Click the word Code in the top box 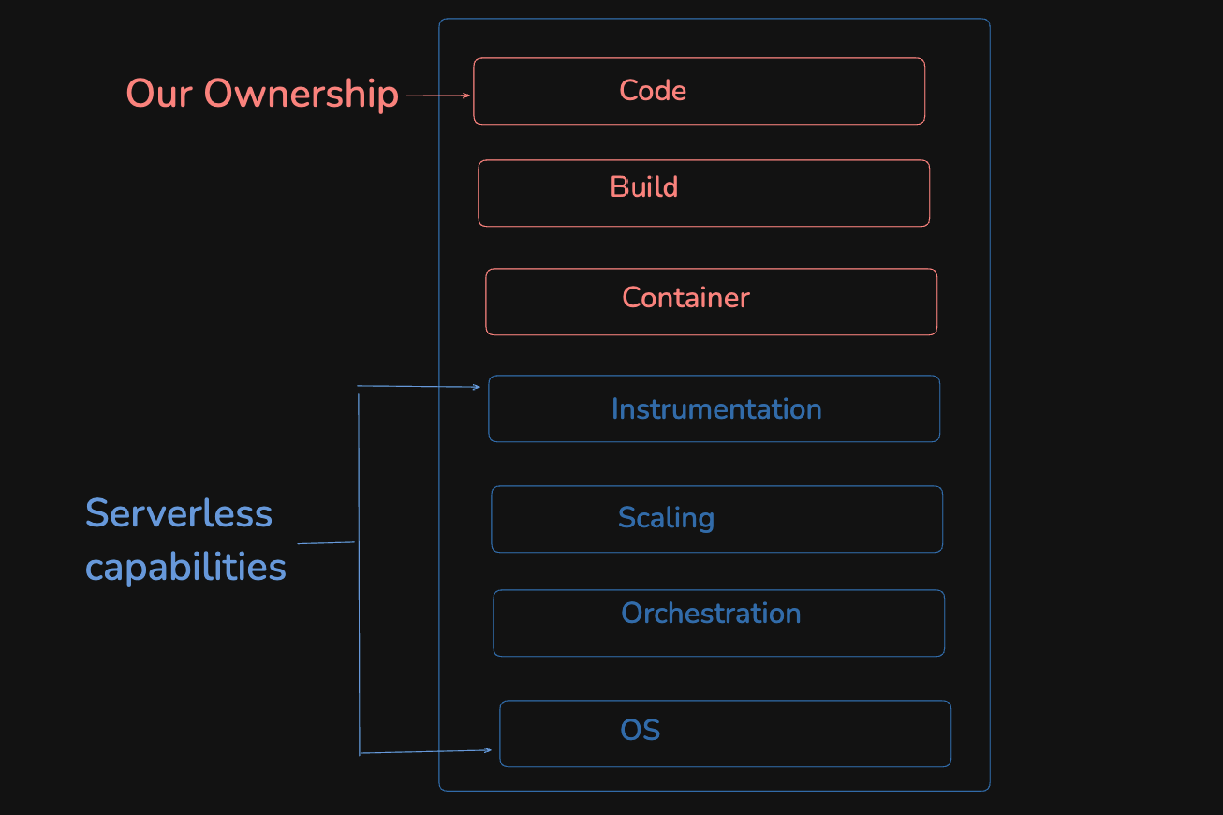click(653, 91)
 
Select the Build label click(643, 186)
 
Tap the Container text click(685, 298)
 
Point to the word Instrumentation click(716, 409)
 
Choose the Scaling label click(666, 518)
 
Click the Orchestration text click(711, 614)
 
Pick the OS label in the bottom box click(641, 731)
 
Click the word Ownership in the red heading click(302, 94)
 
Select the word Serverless click(179, 513)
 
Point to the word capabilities click(185, 567)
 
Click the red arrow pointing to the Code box click(438, 96)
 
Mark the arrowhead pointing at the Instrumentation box click(477, 387)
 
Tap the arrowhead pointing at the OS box click(488, 749)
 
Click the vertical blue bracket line click(359, 571)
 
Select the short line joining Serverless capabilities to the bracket click(326, 542)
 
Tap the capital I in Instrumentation click(614, 409)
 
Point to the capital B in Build click(617, 186)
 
